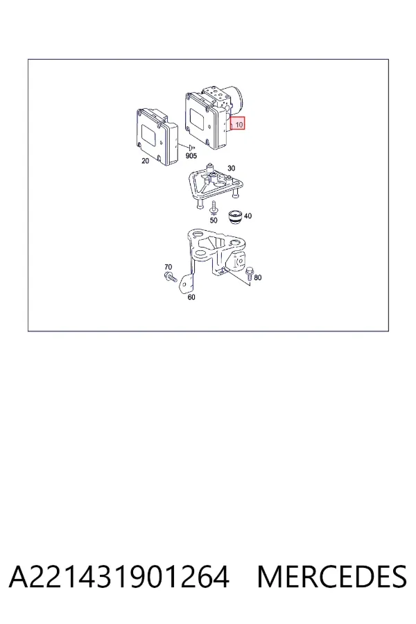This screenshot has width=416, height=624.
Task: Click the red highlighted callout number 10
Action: coord(239,124)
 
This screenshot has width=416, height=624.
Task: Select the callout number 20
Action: coord(146,161)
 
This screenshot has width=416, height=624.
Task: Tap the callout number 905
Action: coord(191,155)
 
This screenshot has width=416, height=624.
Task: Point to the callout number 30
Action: coord(232,168)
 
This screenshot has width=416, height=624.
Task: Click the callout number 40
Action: coord(248,216)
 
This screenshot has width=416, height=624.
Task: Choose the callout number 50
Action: coord(214,220)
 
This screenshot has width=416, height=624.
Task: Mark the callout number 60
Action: coord(191,297)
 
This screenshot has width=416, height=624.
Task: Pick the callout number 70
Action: coord(168,267)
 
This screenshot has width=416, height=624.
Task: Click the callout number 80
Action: coord(257,277)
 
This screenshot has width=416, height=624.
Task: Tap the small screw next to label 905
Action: coord(191,148)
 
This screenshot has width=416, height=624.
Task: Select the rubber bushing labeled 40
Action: coord(235,217)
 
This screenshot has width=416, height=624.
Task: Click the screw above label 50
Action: coord(214,209)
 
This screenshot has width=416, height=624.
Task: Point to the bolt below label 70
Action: coord(171,277)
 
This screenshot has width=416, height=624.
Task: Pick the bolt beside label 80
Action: coord(249,273)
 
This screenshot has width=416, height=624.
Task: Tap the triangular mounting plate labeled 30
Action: coord(216,185)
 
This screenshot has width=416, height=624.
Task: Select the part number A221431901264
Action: coord(119,577)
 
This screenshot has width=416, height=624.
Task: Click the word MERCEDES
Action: coord(331,577)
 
